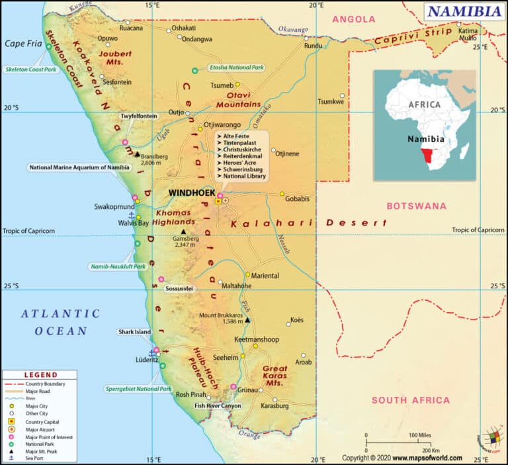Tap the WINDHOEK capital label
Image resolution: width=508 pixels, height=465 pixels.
[191, 192]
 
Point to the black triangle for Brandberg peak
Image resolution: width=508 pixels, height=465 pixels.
[137, 155]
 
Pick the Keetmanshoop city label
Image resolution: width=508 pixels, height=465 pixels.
[257, 339]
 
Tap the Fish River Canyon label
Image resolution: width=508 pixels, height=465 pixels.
[218, 405]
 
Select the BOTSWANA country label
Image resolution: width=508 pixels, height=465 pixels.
[416, 206]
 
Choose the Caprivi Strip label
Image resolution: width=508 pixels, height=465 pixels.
[403, 37]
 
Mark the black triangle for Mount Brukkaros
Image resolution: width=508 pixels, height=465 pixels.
[247, 320]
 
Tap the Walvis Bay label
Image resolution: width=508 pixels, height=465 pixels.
[115, 223]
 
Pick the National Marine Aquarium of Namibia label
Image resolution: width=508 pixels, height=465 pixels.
[79, 167]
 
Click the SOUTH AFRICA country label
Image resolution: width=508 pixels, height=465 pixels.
[410, 400]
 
